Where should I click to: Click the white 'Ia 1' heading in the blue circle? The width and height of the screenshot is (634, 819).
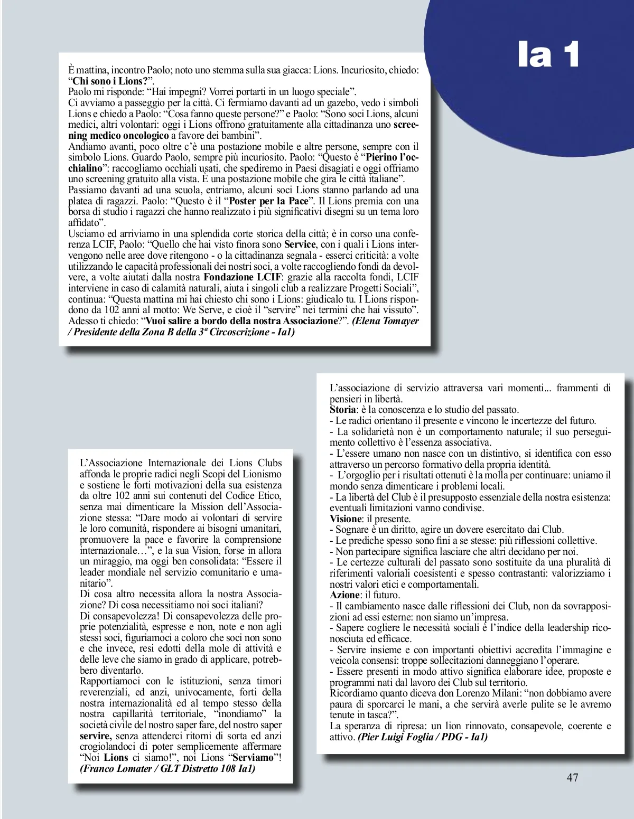click(x=548, y=55)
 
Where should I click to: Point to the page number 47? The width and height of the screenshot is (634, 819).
click(x=572, y=777)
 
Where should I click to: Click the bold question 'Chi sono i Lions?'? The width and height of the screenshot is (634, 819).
click(x=110, y=81)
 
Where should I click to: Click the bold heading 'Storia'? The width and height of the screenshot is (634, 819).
click(x=342, y=410)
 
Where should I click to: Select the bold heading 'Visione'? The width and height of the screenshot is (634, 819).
click(x=345, y=519)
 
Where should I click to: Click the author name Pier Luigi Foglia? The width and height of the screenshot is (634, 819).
click(x=396, y=737)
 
